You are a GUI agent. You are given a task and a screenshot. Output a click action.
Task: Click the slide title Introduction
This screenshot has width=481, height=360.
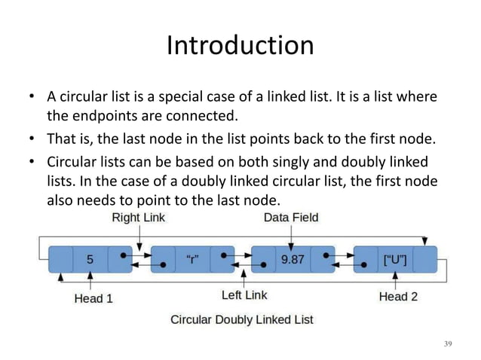click(240, 46)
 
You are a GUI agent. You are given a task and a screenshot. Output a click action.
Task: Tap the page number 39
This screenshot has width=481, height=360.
click(447, 343)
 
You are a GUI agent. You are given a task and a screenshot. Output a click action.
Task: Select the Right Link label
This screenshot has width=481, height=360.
click(139, 218)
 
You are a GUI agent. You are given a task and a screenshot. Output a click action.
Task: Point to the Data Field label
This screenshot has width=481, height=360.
click(291, 218)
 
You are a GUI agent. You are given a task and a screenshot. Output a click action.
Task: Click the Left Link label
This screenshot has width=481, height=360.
click(244, 294)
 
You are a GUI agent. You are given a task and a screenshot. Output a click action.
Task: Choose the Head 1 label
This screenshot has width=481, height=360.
click(93, 297)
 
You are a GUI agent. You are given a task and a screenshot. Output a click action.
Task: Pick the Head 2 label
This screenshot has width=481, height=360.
click(397, 297)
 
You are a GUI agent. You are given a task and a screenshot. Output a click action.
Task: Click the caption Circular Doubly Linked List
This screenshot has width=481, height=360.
click(242, 319)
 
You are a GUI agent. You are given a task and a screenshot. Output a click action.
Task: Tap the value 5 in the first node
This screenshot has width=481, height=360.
click(90, 261)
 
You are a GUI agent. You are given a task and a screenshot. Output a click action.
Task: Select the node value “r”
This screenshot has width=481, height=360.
click(193, 261)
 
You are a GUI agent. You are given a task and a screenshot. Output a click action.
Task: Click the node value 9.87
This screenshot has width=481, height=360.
click(293, 261)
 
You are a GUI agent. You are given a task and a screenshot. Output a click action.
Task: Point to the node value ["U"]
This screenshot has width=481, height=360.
click(395, 261)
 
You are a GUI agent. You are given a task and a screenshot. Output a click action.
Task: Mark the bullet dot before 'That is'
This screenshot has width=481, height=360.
click(32, 141)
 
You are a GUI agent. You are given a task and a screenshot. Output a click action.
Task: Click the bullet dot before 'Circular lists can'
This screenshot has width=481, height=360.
click(32, 163)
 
